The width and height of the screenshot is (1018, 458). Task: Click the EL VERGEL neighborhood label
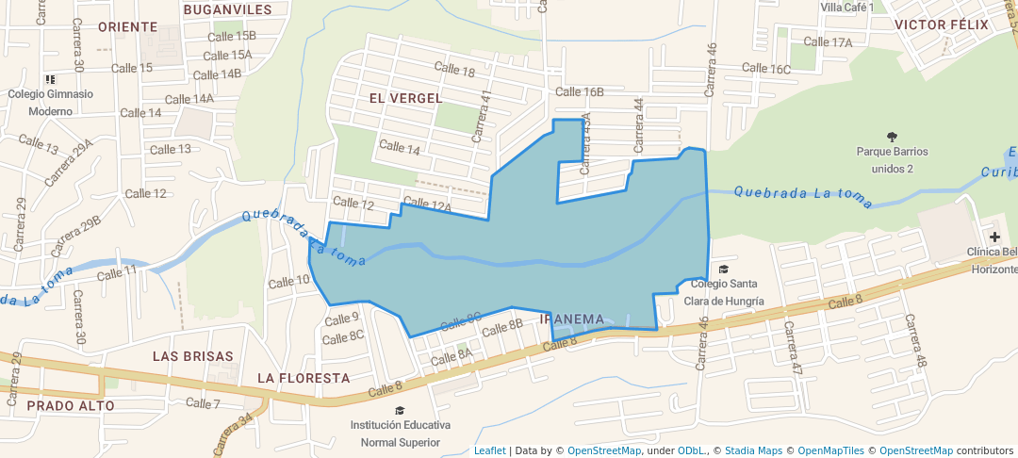click(405, 98)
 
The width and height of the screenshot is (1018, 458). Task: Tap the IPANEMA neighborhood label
click(572, 319)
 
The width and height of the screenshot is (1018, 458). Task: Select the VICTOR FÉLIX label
click(942, 25)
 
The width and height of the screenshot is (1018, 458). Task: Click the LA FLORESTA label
click(304, 378)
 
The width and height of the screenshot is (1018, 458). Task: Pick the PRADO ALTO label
click(71, 406)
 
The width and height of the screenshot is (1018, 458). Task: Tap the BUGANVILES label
click(227, 9)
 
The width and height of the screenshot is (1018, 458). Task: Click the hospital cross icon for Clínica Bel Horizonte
click(994, 236)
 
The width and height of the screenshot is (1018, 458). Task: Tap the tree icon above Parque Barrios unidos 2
click(892, 136)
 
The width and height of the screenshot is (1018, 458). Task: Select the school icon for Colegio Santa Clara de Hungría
click(724, 270)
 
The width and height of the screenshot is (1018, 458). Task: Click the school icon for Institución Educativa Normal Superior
click(400, 410)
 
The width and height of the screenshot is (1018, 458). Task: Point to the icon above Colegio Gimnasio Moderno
click(50, 79)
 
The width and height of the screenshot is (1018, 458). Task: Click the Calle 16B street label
click(580, 91)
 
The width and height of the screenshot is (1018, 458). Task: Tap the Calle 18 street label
click(454, 70)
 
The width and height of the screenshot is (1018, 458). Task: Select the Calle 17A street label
click(828, 42)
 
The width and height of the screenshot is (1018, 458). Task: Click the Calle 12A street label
click(429, 206)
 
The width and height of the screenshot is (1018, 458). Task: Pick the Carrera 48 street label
click(916, 340)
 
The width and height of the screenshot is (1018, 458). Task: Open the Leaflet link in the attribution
click(489, 450)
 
